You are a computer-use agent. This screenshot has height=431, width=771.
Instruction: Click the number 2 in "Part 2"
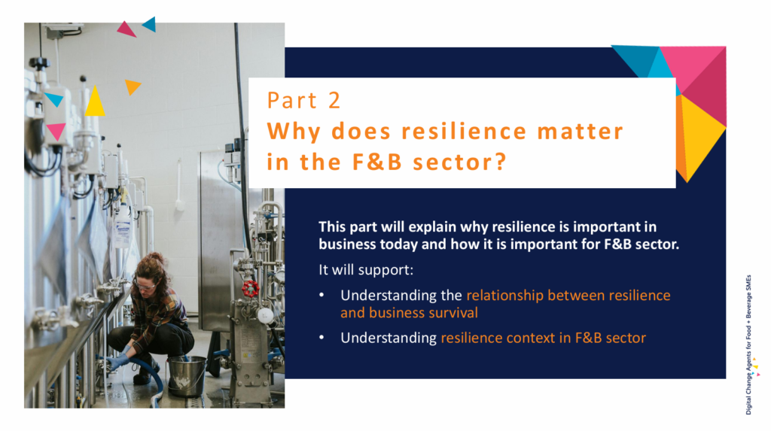[334, 101]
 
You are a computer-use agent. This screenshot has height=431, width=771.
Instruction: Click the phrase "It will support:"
[366, 270]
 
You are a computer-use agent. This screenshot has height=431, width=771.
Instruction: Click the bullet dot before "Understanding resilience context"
[322, 338]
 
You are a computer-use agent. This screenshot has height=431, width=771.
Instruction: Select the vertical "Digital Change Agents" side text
[748, 344]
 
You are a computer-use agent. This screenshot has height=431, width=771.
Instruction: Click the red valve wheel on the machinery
[250, 289]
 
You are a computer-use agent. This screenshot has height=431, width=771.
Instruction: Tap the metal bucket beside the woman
[187, 376]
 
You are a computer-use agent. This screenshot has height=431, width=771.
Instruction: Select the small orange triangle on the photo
[132, 87]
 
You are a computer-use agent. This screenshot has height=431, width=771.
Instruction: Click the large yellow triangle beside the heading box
[700, 135]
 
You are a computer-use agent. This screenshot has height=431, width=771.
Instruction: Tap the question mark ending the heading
[500, 162]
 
